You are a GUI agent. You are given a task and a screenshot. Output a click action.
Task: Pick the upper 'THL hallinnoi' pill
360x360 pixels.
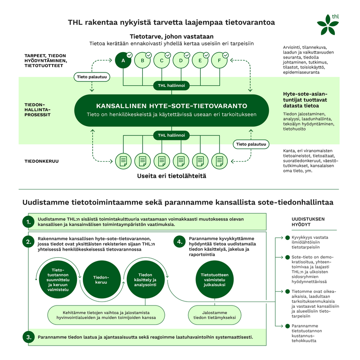[x=171, y=85]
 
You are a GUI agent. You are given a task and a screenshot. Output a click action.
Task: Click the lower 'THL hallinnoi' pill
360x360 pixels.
[x=171, y=135]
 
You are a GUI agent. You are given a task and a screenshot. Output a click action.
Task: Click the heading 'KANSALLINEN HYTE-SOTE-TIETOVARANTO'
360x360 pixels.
[x=171, y=106]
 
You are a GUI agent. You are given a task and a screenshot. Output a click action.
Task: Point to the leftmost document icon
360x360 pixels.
[x=123, y=161]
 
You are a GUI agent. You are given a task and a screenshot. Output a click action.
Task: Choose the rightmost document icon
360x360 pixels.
[x=219, y=161]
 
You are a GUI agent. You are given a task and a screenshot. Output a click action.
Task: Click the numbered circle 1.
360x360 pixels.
[x=28, y=222]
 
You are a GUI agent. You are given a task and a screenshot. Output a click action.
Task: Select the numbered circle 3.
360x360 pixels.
[x=28, y=337]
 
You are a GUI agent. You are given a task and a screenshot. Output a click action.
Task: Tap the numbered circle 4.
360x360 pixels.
[x=180, y=242]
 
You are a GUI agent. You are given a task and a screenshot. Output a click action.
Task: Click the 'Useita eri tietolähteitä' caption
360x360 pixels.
[x=171, y=176]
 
